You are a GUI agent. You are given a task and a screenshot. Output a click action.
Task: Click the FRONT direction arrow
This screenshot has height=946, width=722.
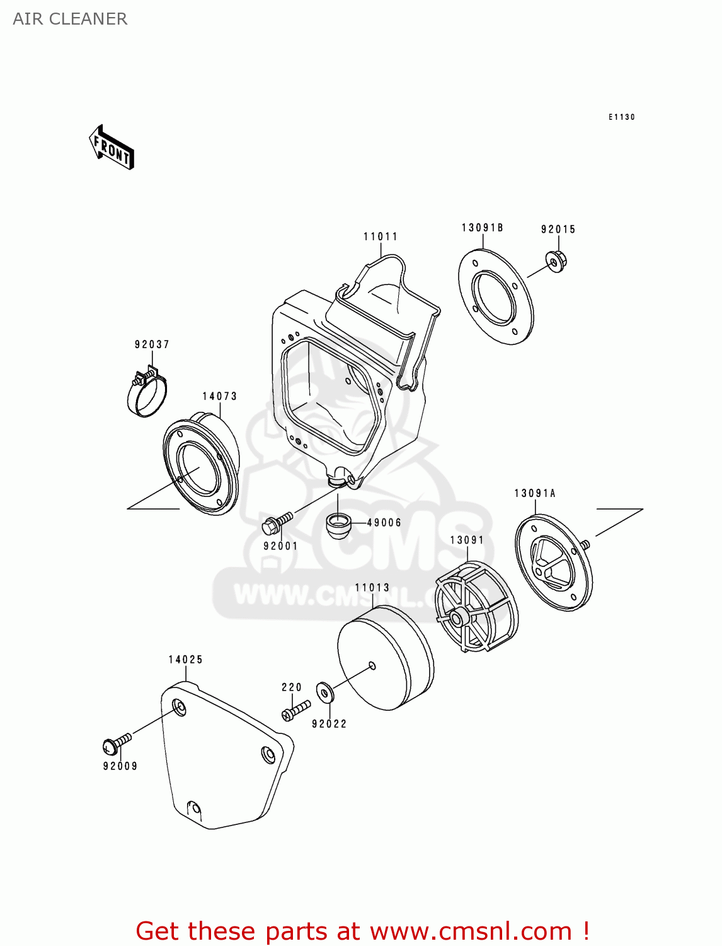click(112, 148)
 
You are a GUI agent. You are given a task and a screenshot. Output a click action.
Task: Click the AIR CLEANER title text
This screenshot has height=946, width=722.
click(70, 19)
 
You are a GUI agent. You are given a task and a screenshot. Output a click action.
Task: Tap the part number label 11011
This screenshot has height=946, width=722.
click(381, 237)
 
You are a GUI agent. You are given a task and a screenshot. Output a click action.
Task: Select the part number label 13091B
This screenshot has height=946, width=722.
click(482, 228)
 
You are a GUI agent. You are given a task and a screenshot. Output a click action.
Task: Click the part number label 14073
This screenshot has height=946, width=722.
click(219, 396)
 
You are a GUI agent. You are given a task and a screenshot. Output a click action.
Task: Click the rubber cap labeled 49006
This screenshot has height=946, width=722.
click(338, 525)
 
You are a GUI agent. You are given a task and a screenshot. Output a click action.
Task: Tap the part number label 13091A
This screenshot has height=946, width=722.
click(535, 493)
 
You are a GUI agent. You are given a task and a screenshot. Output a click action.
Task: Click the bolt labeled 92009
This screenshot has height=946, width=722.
click(116, 744)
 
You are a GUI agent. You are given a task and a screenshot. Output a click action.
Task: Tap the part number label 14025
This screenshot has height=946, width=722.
click(185, 660)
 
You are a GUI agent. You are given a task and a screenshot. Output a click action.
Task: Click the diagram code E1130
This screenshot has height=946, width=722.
click(621, 117)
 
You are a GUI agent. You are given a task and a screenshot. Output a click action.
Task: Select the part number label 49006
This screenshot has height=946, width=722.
click(384, 522)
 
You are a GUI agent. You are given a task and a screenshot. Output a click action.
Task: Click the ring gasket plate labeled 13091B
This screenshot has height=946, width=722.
click(496, 297)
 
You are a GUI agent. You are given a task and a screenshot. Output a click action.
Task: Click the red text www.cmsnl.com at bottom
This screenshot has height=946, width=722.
click(470, 931)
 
